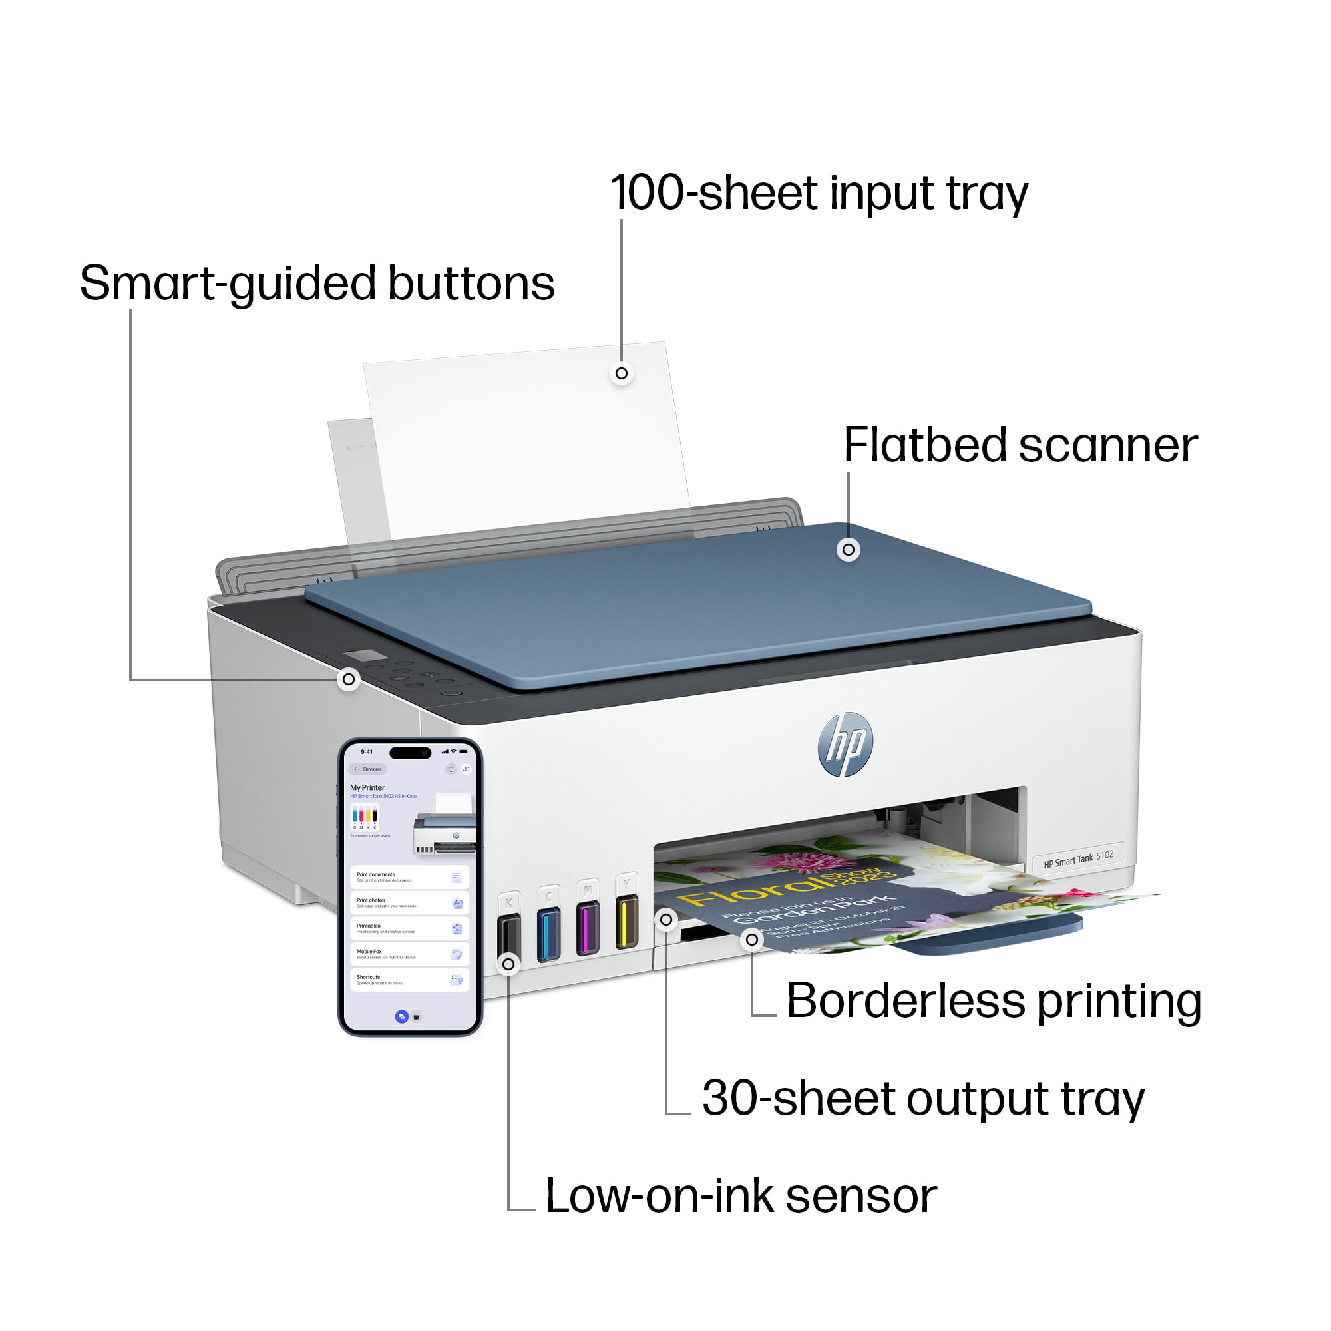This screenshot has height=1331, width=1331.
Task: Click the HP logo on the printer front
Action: coord(845,744)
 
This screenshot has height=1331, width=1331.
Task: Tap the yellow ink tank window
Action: coord(626,922)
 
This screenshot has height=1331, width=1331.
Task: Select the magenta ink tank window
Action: coord(588,929)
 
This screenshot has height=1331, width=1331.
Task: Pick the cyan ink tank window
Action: coord(548,935)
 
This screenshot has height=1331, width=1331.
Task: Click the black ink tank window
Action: coord(509,938)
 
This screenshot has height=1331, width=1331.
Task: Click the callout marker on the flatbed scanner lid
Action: coord(848,550)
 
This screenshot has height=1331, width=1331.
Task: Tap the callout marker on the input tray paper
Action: coord(622,373)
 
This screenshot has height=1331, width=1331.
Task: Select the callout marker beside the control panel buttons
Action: coord(349,680)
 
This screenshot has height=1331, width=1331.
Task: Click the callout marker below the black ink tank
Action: coord(508,964)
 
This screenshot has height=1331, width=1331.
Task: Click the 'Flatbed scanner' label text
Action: coord(1020,446)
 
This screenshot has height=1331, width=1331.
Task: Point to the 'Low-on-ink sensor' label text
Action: coord(741,1196)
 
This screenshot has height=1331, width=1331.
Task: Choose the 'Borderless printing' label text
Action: coord(994,1000)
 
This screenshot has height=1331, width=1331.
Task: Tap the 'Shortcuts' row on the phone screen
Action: coord(409,980)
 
